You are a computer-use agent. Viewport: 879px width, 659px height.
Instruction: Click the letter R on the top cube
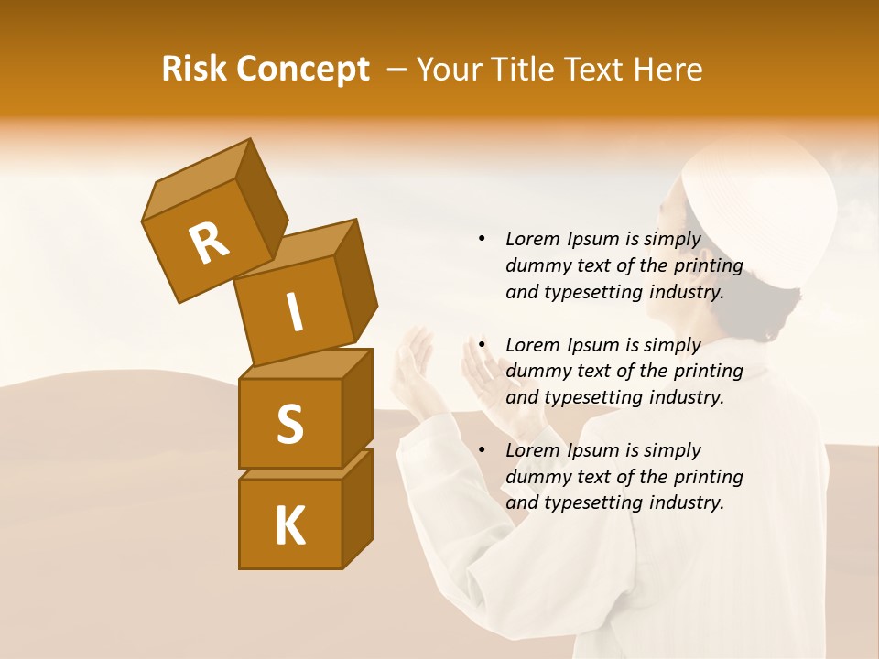tap(209, 243)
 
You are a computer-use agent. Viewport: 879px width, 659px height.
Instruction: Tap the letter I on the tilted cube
tap(294, 312)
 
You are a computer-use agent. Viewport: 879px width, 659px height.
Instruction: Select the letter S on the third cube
tap(289, 424)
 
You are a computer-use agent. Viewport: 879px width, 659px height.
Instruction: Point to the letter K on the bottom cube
tap(289, 526)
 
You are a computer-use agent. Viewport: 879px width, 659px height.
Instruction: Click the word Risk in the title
tap(193, 70)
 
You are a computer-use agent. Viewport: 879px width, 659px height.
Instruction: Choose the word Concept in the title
tap(301, 70)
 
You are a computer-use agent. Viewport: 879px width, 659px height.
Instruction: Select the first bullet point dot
tap(481, 240)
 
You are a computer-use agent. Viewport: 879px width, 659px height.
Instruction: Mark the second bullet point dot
tap(481, 345)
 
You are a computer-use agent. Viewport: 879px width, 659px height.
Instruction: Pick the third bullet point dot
tap(481, 450)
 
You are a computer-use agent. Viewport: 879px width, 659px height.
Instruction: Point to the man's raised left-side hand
tap(414, 362)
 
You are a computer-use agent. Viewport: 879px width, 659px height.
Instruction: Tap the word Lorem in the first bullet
tap(532, 240)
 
